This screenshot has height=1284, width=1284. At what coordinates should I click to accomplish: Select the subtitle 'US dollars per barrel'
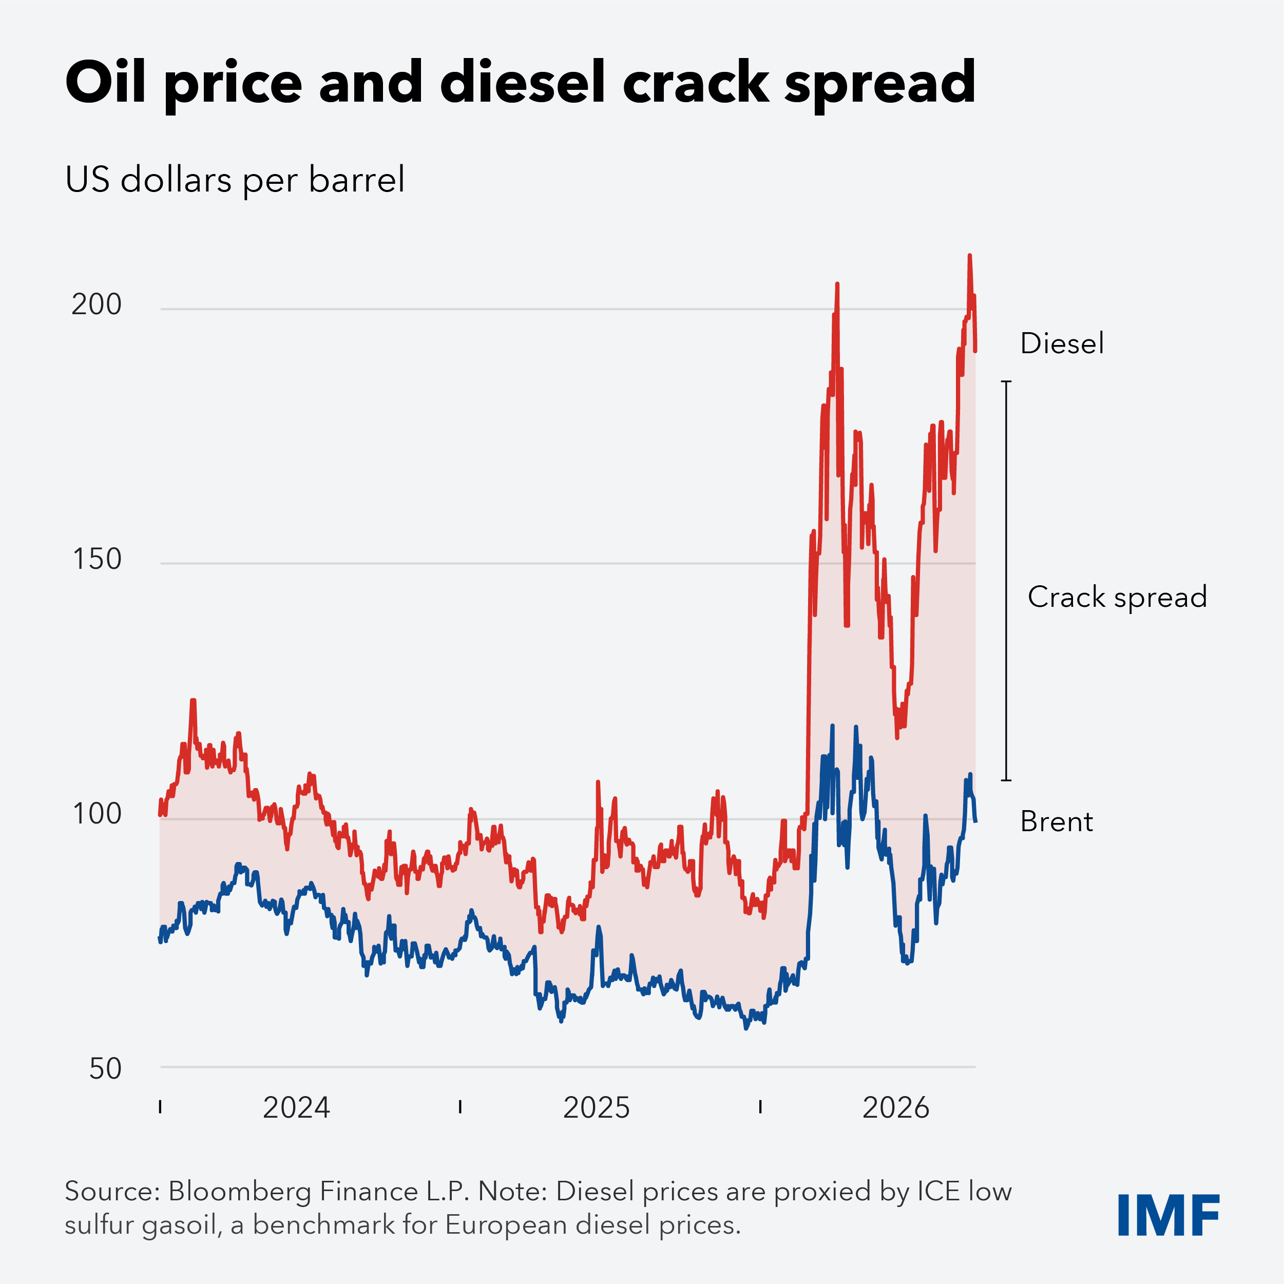[235, 180]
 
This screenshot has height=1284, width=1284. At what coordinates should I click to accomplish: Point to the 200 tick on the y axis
[97, 304]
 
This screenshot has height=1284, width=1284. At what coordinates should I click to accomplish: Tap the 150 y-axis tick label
[97, 559]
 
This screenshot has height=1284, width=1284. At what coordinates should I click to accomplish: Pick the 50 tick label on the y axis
[105, 1069]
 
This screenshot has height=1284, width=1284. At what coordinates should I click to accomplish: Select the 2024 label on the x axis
[296, 1108]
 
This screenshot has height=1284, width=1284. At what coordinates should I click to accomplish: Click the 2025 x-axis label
[596, 1108]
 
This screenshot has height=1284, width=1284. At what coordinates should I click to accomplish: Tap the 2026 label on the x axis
[896, 1108]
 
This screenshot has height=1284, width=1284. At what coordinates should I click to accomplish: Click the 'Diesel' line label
[1062, 343]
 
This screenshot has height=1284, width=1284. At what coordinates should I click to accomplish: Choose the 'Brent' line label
[1057, 821]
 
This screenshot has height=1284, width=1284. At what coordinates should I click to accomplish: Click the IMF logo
[1169, 1215]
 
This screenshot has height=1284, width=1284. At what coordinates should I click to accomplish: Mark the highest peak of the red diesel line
[970, 255]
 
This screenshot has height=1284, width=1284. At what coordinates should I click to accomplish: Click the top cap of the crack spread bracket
[1006, 381]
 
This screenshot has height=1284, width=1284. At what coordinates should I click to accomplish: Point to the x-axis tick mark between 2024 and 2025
[460, 1106]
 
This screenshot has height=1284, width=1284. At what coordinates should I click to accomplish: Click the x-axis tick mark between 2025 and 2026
[760, 1106]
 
